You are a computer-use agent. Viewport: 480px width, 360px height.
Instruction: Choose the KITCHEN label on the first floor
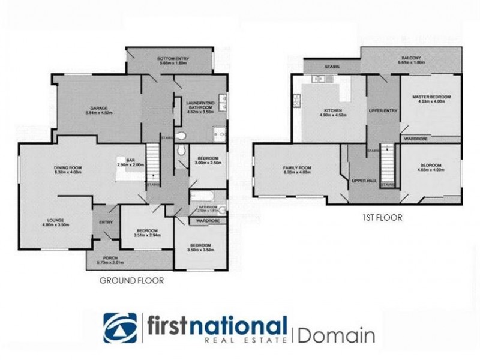pos(333,111)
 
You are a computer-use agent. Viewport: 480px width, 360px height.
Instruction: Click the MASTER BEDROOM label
pos(431,97)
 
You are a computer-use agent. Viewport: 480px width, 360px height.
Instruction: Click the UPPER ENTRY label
pos(383,111)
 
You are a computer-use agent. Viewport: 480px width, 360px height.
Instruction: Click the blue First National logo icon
pos(120,328)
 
